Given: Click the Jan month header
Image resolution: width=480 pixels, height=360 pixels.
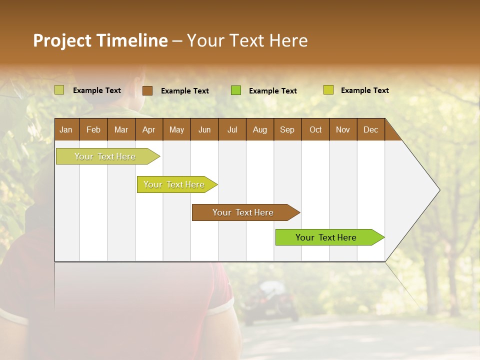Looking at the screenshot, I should click(x=66, y=129).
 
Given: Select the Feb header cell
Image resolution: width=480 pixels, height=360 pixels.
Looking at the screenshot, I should click(x=93, y=129).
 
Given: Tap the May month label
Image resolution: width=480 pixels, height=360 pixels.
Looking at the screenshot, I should click(x=176, y=129).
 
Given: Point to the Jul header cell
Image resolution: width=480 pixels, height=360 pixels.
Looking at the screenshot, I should click(x=232, y=129).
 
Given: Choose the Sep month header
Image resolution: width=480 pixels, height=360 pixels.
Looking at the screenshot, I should click(x=287, y=129).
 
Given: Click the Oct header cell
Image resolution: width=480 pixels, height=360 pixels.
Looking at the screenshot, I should click(x=315, y=129).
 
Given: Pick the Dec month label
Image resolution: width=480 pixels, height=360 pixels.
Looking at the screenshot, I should click(x=370, y=129).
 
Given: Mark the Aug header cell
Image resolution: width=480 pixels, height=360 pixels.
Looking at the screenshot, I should click(x=259, y=129).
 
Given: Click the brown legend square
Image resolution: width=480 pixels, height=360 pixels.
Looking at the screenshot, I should click(x=147, y=90).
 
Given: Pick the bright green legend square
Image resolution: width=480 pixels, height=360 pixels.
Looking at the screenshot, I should click(x=236, y=90).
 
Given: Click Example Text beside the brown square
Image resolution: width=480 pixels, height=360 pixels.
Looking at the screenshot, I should click(x=184, y=91).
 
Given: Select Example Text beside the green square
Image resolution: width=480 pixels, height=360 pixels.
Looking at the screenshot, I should click(x=272, y=91).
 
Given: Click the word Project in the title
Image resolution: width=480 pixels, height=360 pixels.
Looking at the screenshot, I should click(x=62, y=40).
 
